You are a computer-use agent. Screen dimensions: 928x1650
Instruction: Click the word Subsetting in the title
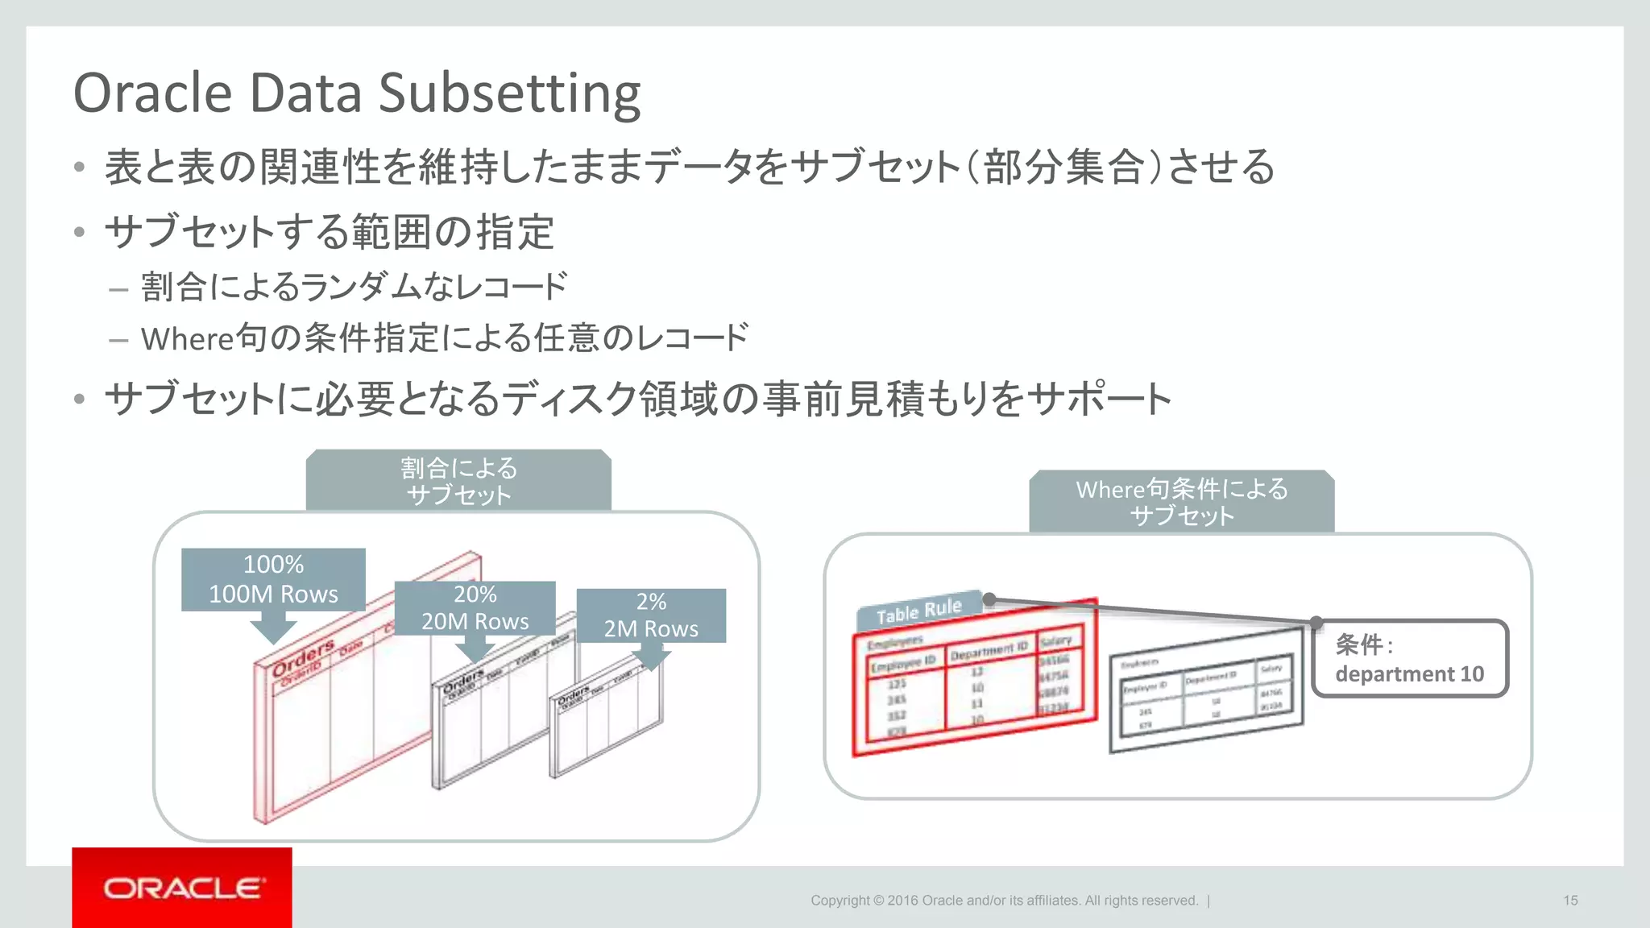[509, 94]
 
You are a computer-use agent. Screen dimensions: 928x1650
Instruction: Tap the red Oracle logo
[182, 888]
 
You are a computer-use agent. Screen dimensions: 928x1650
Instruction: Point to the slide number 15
[1570, 901]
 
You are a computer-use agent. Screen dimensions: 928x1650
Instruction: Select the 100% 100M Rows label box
[273, 579]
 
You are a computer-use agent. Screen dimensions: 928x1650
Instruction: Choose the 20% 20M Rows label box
[475, 608]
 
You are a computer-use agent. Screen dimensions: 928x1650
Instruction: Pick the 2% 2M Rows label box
[651, 615]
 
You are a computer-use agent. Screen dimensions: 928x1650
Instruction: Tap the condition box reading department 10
[1409, 658]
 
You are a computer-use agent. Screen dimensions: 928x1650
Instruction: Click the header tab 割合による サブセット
[458, 481]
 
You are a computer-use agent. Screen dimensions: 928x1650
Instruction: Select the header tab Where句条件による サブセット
[1181, 502]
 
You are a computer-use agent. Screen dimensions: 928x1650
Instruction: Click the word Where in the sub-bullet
[187, 339]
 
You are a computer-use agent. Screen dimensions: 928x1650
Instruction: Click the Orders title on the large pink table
[303, 657]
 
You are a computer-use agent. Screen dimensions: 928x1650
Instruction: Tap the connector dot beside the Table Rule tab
[990, 599]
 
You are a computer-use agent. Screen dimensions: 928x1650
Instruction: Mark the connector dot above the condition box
[1316, 622]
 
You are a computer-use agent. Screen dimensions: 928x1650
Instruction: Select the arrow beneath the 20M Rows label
[475, 648]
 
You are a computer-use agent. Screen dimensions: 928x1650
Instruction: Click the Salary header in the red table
[1055, 641]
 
